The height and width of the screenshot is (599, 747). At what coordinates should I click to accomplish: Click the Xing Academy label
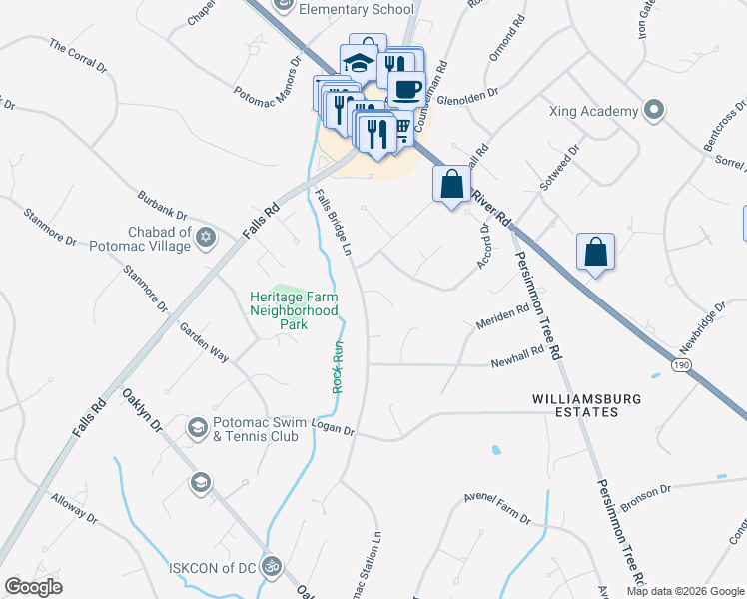pos(592,111)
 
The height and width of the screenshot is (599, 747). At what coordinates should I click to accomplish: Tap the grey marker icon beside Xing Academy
pos(654,111)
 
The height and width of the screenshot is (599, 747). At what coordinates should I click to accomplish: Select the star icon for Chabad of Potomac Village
pos(206,238)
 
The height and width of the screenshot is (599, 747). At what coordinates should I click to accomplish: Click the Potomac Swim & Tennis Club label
pos(270,429)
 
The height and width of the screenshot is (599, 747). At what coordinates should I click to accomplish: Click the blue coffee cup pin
pos(406,88)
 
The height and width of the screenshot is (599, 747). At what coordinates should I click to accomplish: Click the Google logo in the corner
pos(33,587)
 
